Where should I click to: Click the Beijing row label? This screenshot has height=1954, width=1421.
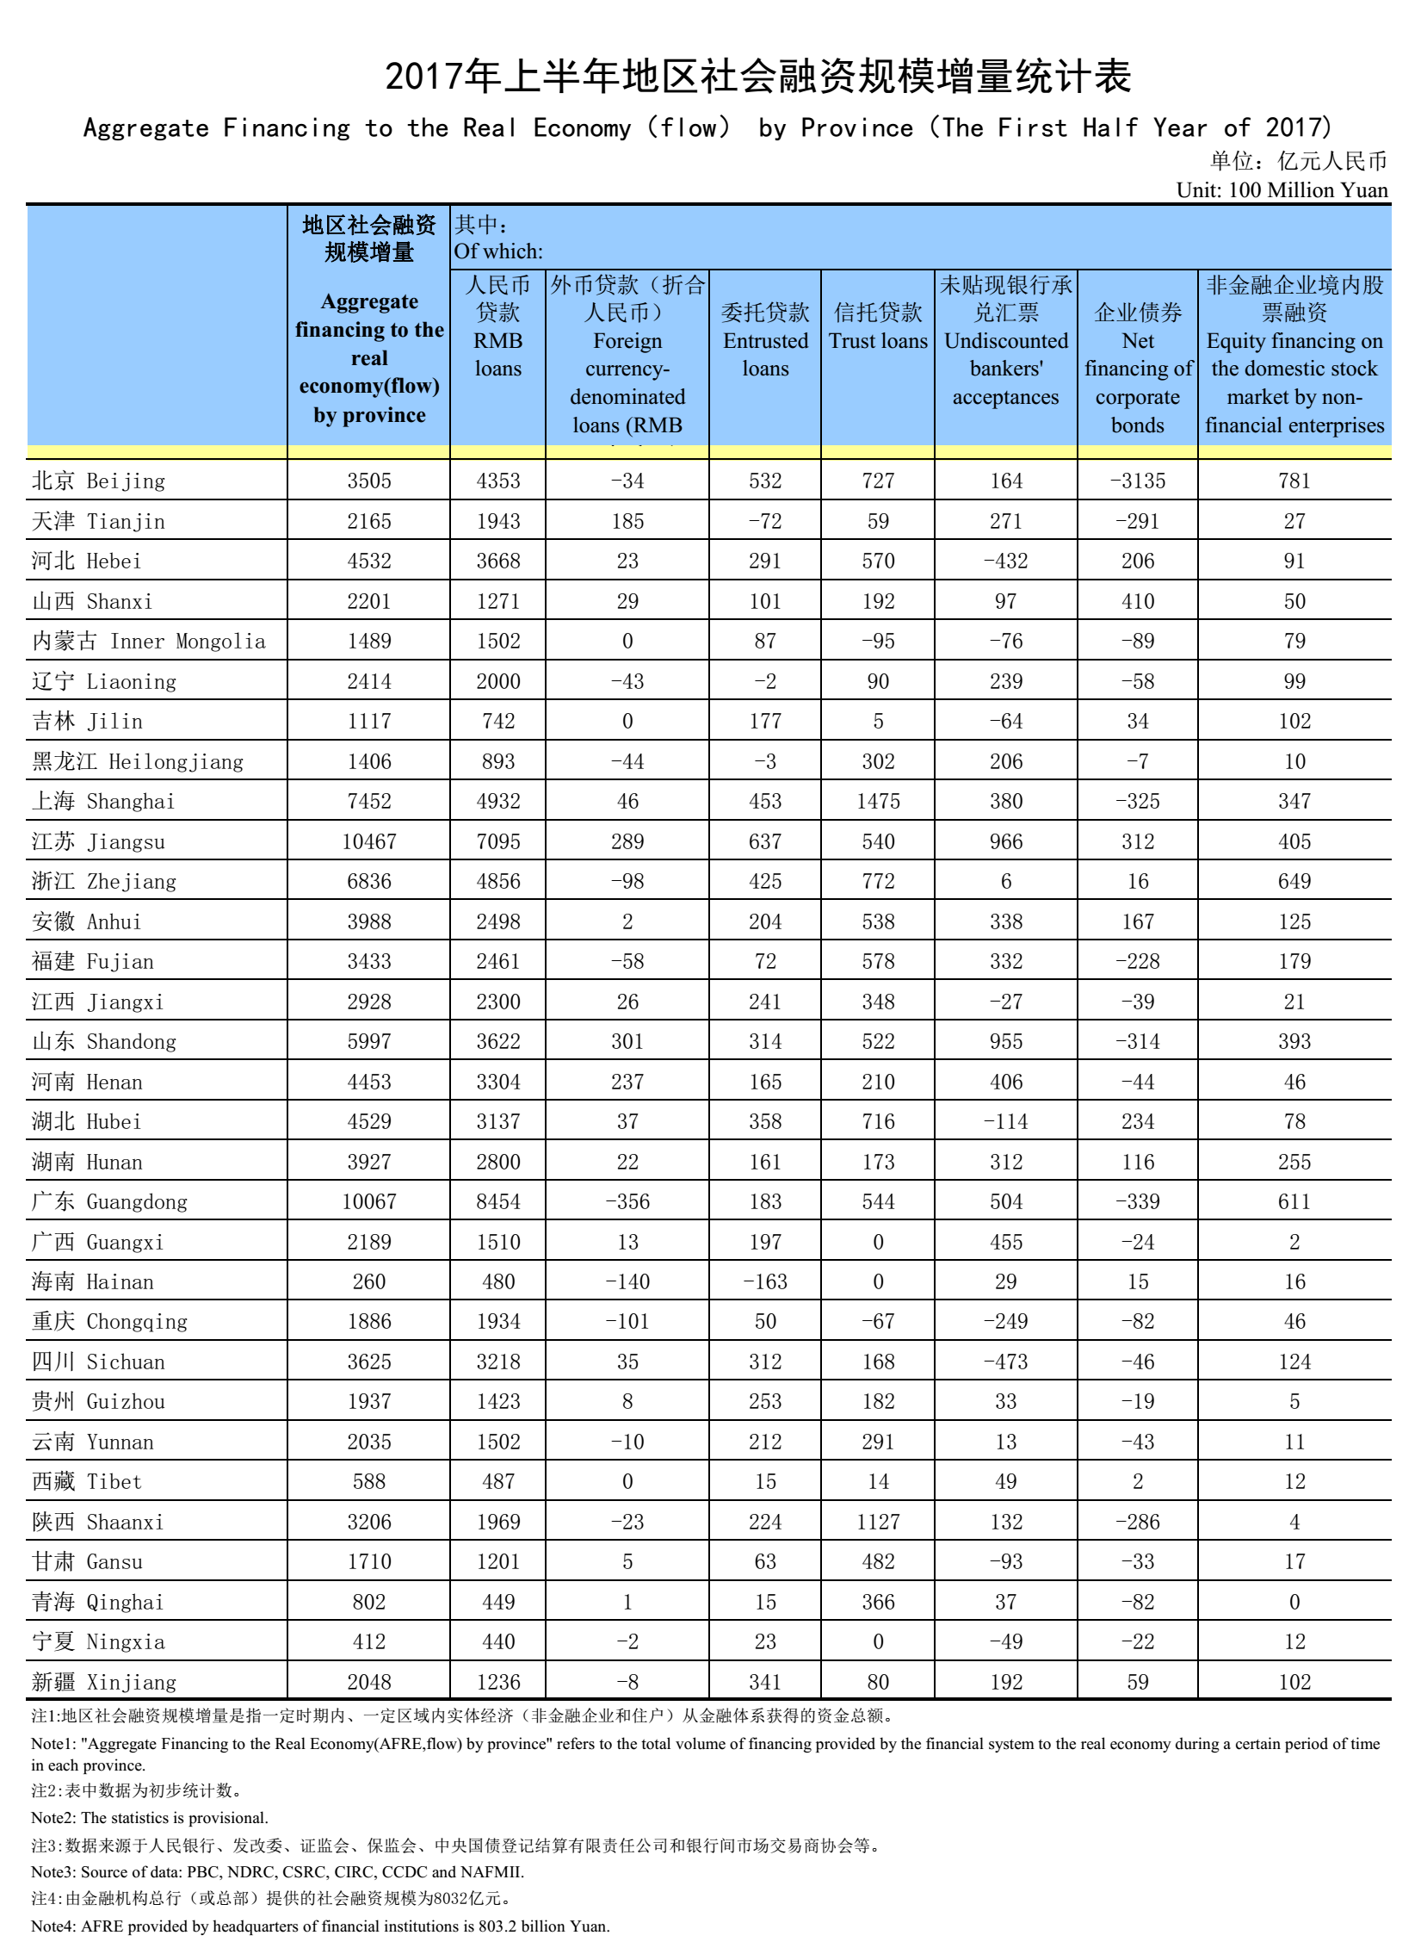point(98,481)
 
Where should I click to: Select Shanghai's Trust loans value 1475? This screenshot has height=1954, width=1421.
point(878,801)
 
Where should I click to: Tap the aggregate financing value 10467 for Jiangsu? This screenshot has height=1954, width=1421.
point(368,841)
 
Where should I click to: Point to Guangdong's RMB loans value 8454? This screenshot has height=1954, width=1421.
point(497,1202)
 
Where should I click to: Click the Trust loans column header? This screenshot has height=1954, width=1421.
point(878,327)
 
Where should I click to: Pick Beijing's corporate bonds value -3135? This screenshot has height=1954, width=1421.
point(1137,481)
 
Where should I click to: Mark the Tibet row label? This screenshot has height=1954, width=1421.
point(86,1482)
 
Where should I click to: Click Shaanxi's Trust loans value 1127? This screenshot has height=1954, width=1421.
point(878,1522)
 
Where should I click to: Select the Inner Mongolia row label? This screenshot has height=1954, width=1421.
point(148,641)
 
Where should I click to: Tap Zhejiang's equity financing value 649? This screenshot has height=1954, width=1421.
point(1294,881)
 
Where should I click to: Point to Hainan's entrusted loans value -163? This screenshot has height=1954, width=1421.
point(765,1282)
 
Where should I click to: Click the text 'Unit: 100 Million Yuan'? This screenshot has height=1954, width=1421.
point(1282,190)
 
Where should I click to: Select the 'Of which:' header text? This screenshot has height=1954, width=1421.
point(497,251)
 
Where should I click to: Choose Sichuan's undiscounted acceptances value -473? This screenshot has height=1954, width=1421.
point(1005,1362)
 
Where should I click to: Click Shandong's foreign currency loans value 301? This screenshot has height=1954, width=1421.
point(627,1042)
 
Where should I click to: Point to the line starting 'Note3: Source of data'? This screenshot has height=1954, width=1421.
point(277,1871)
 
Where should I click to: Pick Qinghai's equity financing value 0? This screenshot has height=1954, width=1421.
point(1294,1602)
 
